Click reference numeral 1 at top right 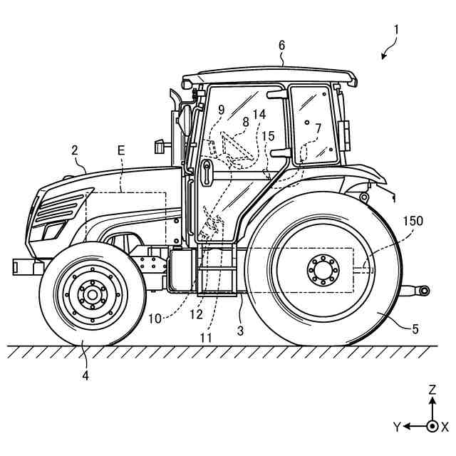point(397,31)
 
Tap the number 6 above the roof point(281,45)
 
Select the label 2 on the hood point(74,150)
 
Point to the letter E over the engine point(120,151)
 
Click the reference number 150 point(411,221)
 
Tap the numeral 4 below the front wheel point(85,375)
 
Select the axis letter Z point(432,390)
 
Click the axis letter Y point(397,426)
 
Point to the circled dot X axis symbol point(432,426)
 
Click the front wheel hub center point(90,294)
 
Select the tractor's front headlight point(51,230)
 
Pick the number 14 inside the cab point(259,114)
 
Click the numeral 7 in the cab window point(318,128)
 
